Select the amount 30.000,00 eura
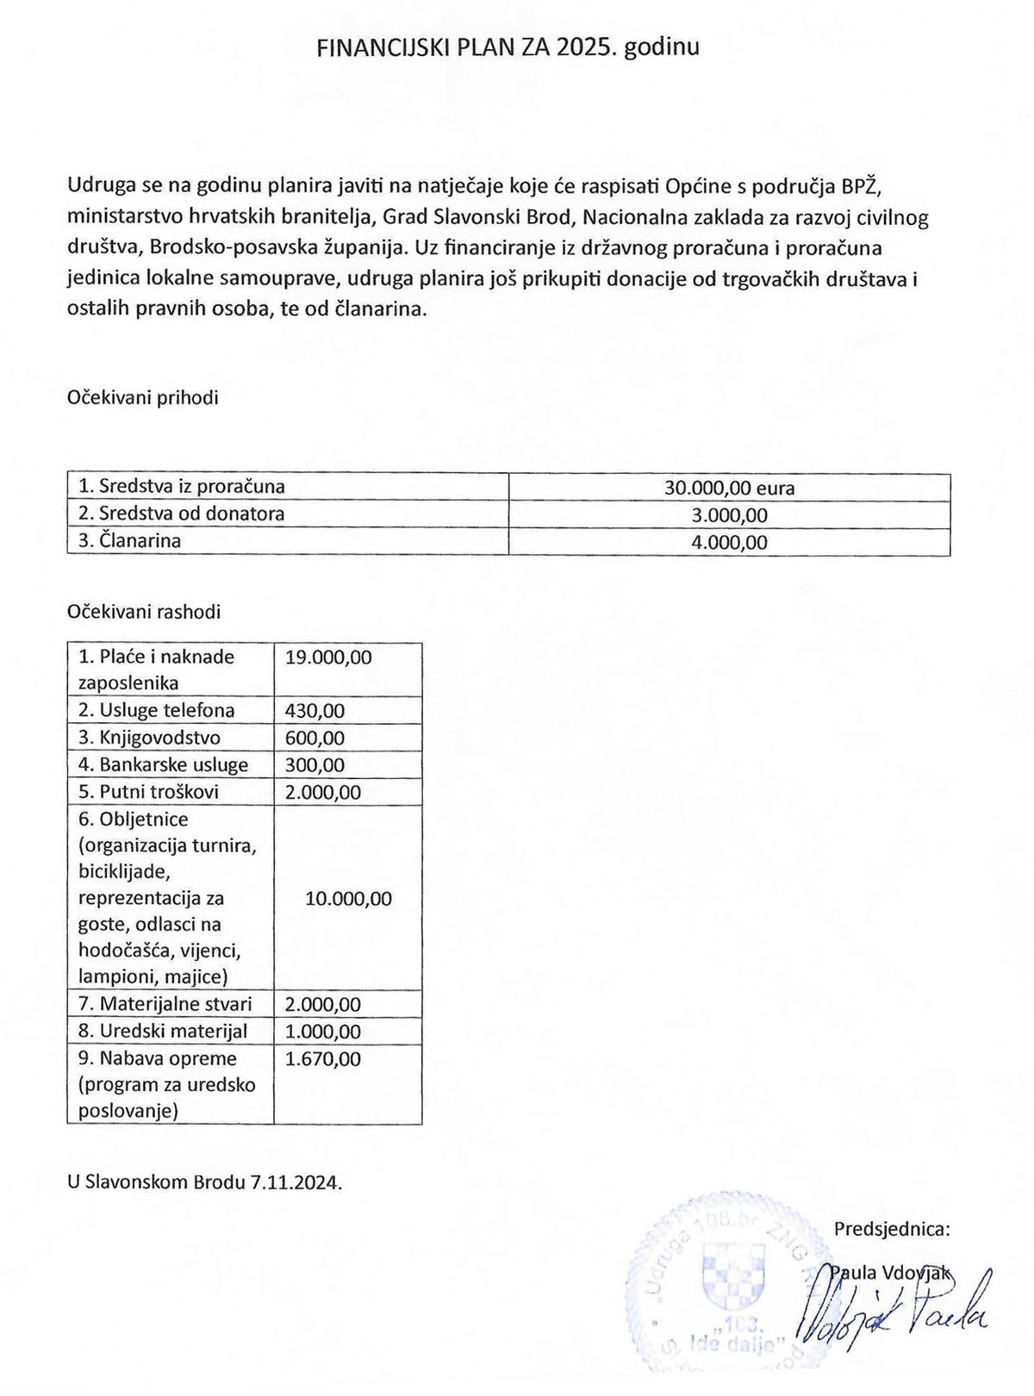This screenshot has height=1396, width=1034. tap(729, 488)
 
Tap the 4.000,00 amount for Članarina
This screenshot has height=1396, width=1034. tap(729, 543)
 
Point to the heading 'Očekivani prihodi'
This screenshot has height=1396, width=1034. tap(142, 398)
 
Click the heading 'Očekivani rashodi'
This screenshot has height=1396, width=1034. tap(144, 613)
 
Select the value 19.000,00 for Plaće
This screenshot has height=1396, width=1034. tap(328, 657)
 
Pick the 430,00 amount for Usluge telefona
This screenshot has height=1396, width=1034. tap(315, 711)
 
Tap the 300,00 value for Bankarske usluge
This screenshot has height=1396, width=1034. tap(315, 765)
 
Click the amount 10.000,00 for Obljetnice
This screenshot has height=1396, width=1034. tap(348, 899)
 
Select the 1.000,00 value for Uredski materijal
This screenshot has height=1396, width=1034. tap(323, 1031)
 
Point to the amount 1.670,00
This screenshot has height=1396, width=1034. tap(323, 1059)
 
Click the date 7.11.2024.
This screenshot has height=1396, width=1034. tap(296, 1182)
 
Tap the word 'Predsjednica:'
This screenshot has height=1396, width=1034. tap(892, 1230)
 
